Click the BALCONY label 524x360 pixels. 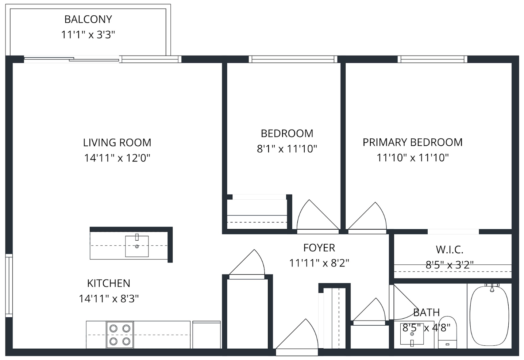pyautogui.click(x=88, y=19)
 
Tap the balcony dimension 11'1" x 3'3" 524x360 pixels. pyautogui.click(x=88, y=35)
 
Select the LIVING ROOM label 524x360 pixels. pyautogui.click(x=117, y=143)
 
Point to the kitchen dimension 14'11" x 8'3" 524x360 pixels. pyautogui.click(x=109, y=299)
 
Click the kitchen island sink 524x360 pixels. pyautogui.click(x=137, y=246)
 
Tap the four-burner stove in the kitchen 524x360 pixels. pyautogui.click(x=120, y=335)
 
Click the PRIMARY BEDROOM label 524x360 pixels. pyautogui.click(x=413, y=142)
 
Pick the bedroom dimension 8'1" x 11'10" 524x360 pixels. pyautogui.click(x=287, y=149)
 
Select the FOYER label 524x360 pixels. pyautogui.click(x=319, y=248)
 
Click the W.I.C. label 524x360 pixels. pyautogui.click(x=449, y=250)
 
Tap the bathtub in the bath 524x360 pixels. pyautogui.click(x=489, y=316)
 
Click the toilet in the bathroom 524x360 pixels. pyautogui.click(x=447, y=332)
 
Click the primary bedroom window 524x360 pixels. pyautogui.click(x=432, y=59)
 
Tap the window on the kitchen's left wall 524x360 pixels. pyautogui.click(x=9, y=286)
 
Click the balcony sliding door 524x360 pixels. pyautogui.click(x=72, y=59)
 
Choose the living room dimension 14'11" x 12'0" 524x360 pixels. pyautogui.click(x=117, y=158)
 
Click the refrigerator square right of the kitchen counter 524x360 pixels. pyautogui.click(x=207, y=335)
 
